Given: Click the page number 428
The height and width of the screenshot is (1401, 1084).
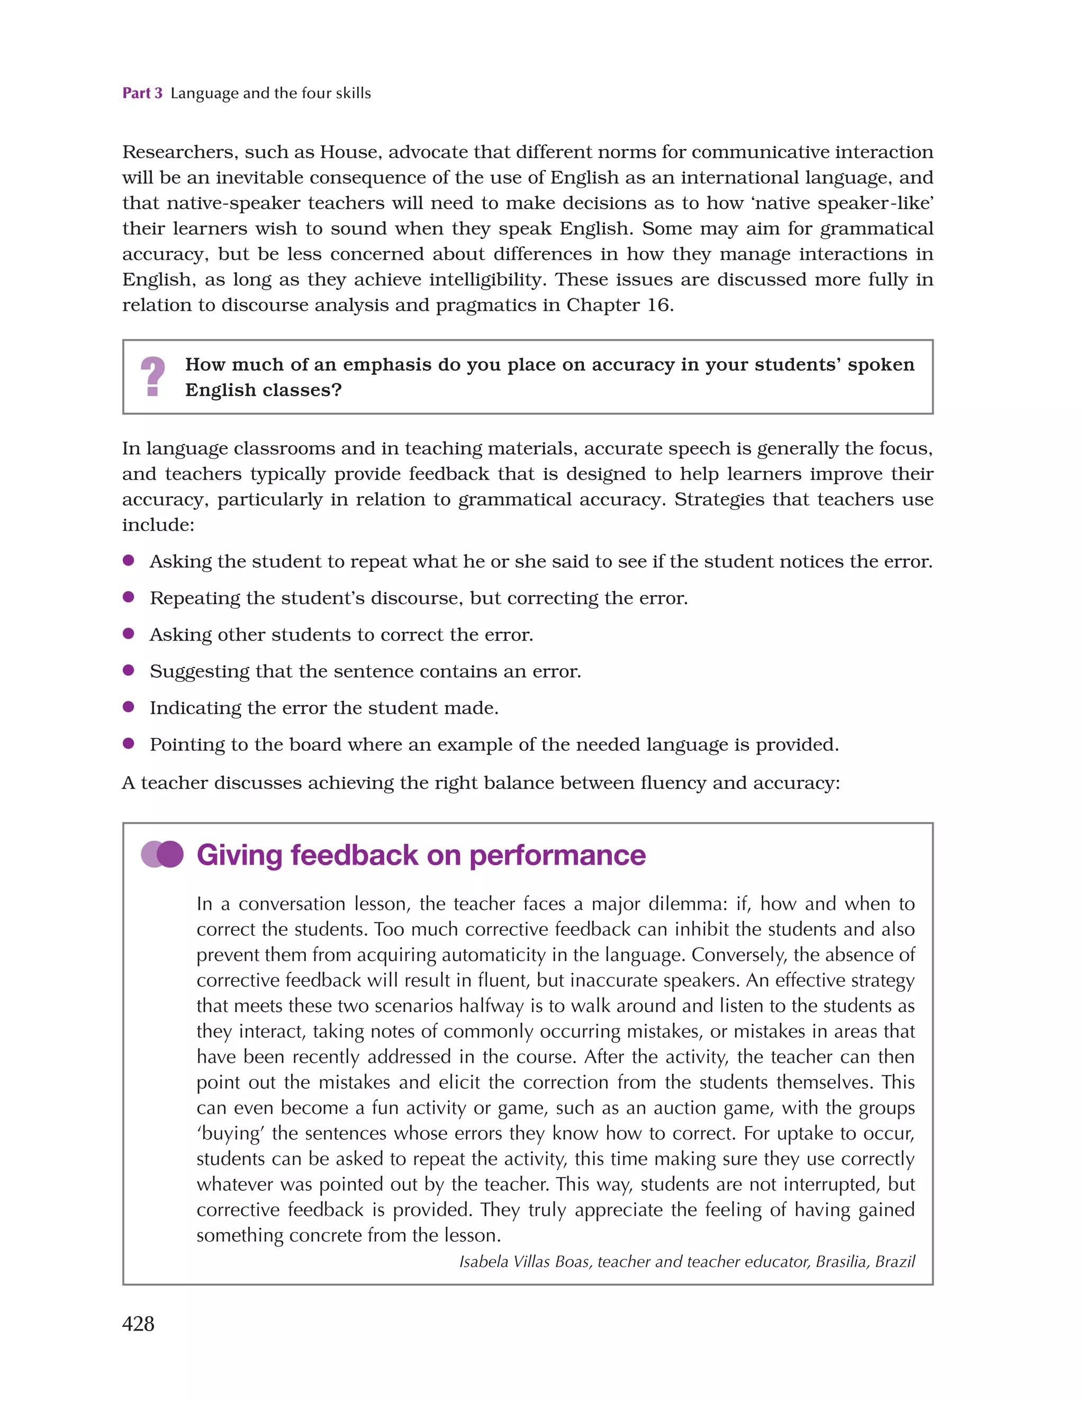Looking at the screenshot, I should (138, 1323).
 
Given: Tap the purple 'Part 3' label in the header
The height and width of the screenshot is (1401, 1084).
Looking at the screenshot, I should (142, 93).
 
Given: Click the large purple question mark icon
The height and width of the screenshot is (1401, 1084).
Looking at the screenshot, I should (152, 376).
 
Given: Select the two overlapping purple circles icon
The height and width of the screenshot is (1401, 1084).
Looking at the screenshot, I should (162, 854).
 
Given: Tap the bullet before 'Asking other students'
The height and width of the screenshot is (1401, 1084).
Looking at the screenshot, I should (128, 634).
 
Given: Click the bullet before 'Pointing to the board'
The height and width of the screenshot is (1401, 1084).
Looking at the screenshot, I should (128, 743).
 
